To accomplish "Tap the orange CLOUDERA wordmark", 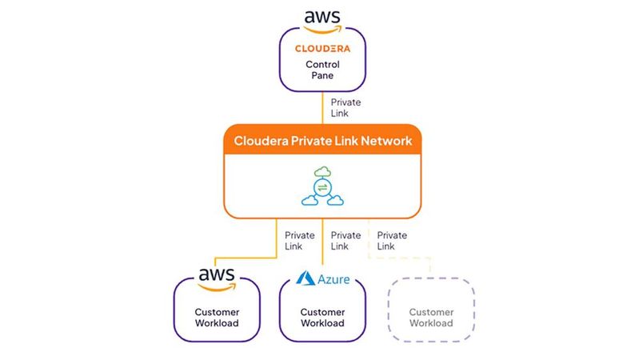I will tap(322, 48).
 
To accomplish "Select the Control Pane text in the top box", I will tap(322, 70).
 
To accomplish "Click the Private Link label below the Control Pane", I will tap(345, 107).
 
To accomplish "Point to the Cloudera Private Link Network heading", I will tap(322, 141).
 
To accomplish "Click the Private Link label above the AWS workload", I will tap(299, 241).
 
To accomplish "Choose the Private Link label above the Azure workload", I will tap(345, 241).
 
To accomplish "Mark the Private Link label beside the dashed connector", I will tap(392, 241).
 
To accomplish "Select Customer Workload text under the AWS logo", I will tap(217, 318).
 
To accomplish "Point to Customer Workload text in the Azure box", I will tap(322, 318).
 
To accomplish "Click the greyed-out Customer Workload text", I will tap(431, 318).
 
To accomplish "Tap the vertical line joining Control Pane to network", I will tap(322, 107).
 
